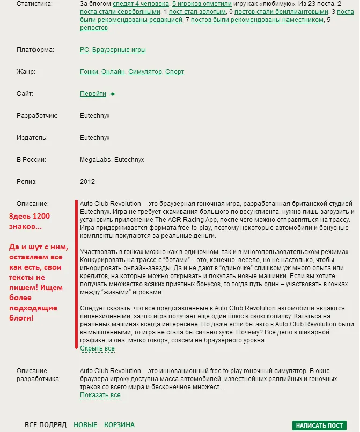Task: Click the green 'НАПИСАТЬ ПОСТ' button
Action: pos(319,426)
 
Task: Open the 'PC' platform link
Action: pos(84,50)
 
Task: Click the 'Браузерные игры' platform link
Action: pos(119,50)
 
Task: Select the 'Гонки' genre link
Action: pos(89,72)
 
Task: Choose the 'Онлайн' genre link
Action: pos(113,72)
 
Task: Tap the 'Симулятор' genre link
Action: pos(145,72)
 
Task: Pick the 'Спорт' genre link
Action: pos(175,72)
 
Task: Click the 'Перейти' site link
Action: pos(93,94)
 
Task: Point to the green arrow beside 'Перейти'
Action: pos(112,94)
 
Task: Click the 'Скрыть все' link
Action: pos(97,348)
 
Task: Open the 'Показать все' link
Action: pos(100,395)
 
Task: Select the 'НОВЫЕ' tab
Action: pos(85,425)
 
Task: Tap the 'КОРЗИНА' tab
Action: pos(119,425)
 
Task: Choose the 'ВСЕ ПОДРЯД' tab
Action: pos(46,425)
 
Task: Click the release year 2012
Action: pos(87,182)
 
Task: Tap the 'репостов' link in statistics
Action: pos(94,27)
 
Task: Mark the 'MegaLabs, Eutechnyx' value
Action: pos(112,160)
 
